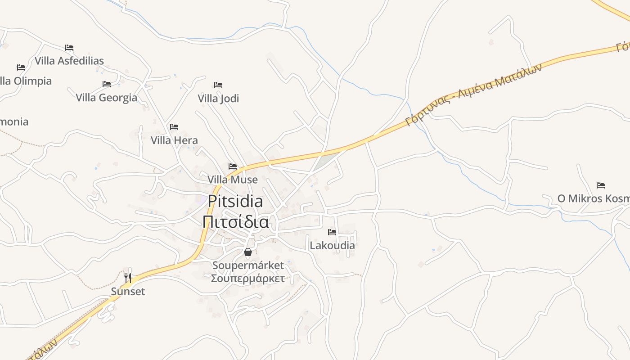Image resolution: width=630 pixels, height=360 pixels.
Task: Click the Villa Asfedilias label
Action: [x=69, y=61]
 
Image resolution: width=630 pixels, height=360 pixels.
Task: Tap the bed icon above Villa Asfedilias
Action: [x=69, y=47]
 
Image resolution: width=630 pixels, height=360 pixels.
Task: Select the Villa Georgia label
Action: [x=106, y=98]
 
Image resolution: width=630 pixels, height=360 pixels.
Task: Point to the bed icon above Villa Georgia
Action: [x=107, y=84]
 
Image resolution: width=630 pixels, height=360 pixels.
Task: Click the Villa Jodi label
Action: [x=218, y=99]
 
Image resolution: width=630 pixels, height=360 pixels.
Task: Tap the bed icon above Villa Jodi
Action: [x=218, y=85]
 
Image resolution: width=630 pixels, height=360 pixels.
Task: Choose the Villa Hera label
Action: [x=174, y=140]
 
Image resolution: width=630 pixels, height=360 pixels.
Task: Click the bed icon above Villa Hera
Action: [x=174, y=127]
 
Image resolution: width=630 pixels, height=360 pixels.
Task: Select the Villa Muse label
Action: [x=233, y=180]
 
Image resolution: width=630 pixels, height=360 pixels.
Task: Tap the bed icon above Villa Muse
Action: [x=233, y=166]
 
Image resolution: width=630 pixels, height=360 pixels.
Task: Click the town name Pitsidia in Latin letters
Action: [x=235, y=201]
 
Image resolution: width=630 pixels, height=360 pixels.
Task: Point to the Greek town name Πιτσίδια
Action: [x=235, y=222]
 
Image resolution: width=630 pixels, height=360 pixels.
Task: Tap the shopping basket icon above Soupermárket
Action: [x=248, y=252]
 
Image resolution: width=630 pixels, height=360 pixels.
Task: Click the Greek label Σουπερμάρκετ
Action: [x=248, y=278]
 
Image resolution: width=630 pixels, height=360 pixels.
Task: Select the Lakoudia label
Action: [x=332, y=245]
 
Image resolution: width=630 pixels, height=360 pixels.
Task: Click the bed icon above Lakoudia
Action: [x=332, y=232]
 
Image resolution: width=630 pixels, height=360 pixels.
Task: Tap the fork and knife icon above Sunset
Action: [x=128, y=278]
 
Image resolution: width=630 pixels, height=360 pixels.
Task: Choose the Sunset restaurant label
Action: [x=128, y=292]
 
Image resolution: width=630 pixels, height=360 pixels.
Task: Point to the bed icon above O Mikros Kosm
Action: [x=601, y=185]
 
